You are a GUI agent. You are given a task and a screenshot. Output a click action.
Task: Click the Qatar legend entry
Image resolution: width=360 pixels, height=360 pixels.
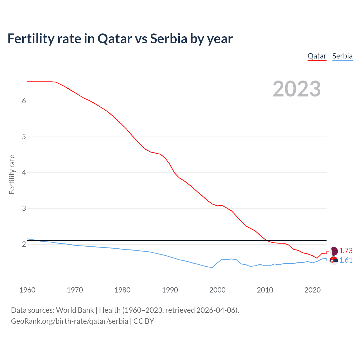(x=317, y=56)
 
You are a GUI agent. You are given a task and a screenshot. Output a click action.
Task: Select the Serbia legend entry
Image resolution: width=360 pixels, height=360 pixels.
(x=342, y=56)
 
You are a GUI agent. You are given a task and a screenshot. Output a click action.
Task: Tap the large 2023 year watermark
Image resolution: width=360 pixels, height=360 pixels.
(x=297, y=89)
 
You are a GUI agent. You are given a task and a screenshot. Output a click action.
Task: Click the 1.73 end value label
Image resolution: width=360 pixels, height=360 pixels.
(x=346, y=251)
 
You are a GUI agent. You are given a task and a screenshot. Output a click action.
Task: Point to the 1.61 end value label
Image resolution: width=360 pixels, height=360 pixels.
(x=346, y=260)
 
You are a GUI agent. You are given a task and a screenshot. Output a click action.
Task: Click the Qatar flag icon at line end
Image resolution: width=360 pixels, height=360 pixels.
(x=334, y=251)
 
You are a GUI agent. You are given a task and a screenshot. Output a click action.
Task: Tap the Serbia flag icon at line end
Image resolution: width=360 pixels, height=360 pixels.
(x=334, y=261)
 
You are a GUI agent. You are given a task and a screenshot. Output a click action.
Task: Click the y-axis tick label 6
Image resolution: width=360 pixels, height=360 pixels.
(x=24, y=101)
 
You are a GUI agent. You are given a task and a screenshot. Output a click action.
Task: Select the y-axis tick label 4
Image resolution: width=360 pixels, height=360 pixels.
(x=24, y=173)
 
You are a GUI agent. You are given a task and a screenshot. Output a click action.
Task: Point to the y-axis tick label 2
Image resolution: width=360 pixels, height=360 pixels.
(x=24, y=244)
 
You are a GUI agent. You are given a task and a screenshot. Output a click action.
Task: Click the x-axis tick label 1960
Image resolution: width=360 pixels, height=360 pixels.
(x=27, y=290)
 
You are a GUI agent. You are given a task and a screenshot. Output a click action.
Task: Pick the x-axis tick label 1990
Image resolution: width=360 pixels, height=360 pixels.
(x=170, y=290)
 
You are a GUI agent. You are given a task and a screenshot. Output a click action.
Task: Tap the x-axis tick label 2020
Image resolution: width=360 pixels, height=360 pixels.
(x=312, y=290)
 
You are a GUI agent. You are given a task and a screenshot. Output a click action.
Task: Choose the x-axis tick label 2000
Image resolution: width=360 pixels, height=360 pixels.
(x=217, y=290)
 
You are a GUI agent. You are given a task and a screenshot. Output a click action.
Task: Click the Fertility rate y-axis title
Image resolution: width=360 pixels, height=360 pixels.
(x=12, y=174)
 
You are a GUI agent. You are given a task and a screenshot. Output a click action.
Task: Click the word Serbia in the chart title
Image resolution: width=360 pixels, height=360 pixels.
(x=168, y=39)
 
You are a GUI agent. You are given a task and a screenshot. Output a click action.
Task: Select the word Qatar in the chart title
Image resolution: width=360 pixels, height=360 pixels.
(x=115, y=39)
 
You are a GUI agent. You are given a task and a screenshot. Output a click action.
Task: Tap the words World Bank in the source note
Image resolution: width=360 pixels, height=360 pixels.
(x=75, y=310)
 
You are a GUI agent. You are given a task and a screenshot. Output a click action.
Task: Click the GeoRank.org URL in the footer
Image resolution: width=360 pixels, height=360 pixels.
(x=69, y=321)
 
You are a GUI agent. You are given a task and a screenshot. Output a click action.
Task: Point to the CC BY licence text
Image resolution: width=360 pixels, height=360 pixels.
(x=144, y=321)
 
